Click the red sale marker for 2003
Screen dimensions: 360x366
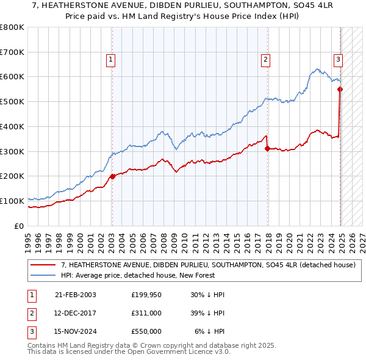point(112,176)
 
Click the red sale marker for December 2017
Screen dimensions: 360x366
point(267,148)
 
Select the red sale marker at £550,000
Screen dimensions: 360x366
point(340,89)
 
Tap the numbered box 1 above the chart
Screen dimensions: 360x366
point(110,60)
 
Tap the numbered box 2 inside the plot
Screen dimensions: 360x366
point(266,60)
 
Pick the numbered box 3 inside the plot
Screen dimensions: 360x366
point(337,60)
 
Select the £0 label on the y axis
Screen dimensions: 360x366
point(20,226)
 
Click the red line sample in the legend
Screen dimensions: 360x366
point(43,265)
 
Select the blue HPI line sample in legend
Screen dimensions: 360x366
point(43,275)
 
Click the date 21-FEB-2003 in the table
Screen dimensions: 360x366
point(76,295)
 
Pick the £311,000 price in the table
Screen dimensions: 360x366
point(146,313)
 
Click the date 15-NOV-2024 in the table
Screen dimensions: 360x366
point(76,331)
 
